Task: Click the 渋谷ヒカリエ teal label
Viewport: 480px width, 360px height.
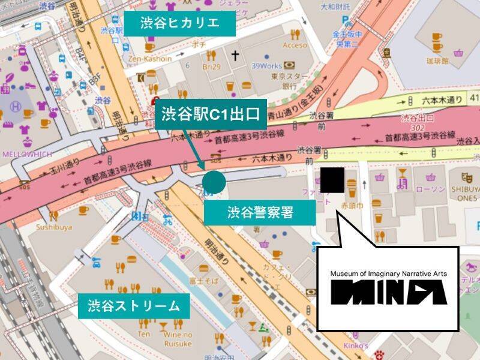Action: [179, 23]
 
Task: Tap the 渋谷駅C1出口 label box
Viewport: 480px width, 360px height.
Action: [211, 114]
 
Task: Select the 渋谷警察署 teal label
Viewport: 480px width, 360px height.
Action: [260, 212]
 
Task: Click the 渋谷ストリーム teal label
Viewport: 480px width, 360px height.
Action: [133, 305]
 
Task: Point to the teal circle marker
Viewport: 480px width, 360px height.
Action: [214, 182]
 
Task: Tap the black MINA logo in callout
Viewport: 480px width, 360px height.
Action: [389, 292]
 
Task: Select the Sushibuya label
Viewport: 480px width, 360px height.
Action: [54, 227]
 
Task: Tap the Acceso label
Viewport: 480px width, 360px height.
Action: [295, 45]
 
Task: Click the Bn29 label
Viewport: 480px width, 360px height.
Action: [212, 65]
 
